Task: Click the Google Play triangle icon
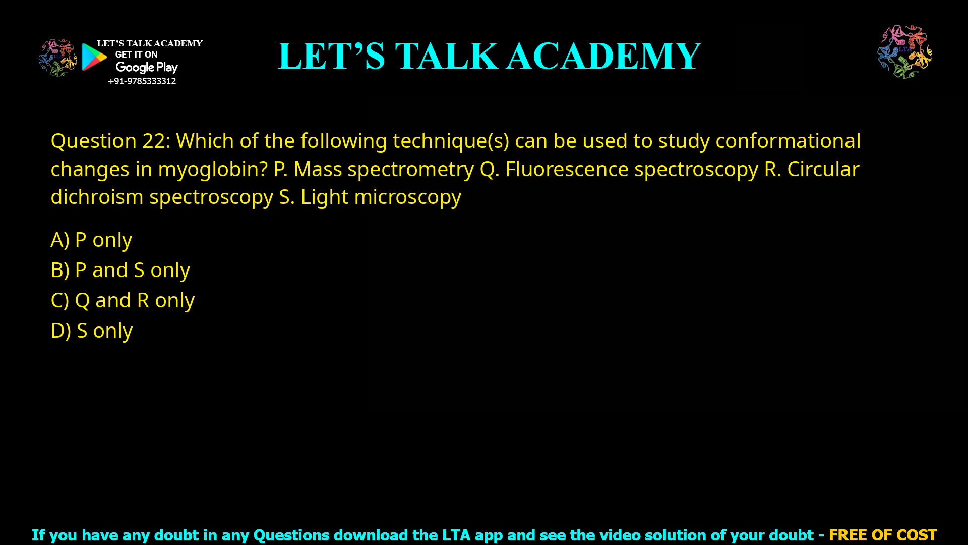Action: point(94,57)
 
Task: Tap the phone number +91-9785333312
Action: point(142,81)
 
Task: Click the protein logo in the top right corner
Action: point(904,51)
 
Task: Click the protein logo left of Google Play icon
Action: point(57,58)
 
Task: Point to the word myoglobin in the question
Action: point(212,169)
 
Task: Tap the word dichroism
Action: point(97,197)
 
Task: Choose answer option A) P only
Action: point(91,240)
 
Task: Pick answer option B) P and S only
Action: point(120,270)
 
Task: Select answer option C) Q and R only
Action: point(123,300)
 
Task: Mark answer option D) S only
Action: point(91,331)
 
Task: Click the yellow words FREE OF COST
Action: point(882,535)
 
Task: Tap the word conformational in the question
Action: point(788,141)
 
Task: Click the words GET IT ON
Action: point(136,54)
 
